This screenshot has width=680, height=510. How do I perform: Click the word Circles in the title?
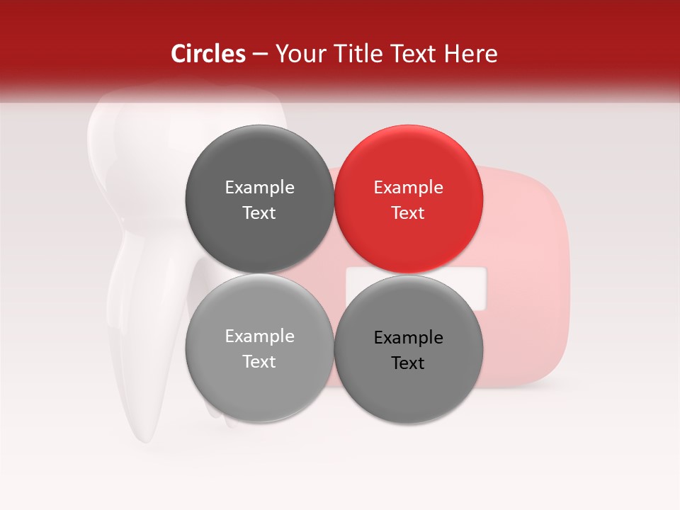208,54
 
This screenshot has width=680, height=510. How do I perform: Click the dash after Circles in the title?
260,55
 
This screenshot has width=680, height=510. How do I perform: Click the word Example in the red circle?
409,188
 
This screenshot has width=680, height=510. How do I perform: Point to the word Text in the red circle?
408,213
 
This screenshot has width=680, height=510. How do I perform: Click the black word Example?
409,338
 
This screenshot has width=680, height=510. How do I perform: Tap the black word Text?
408,363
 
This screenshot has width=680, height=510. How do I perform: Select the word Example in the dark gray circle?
259,188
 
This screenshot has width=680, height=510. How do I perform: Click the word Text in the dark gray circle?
259,213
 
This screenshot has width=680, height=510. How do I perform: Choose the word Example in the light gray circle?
259,336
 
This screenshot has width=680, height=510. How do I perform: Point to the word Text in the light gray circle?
259,362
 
